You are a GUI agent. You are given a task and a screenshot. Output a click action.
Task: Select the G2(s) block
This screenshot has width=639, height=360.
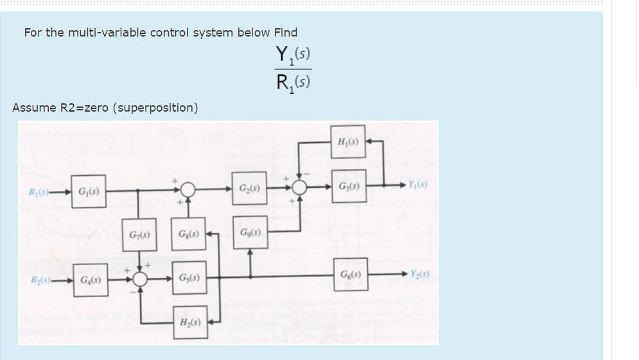(x=248, y=189)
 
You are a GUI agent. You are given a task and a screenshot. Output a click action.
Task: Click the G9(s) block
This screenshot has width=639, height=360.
(x=250, y=232)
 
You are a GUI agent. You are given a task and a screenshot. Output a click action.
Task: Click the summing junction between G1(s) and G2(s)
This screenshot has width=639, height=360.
(x=188, y=190)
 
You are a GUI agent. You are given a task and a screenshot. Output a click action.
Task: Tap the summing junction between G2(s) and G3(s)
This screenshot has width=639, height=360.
(x=299, y=187)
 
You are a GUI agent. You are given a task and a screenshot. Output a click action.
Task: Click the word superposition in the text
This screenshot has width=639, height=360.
(x=155, y=107)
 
